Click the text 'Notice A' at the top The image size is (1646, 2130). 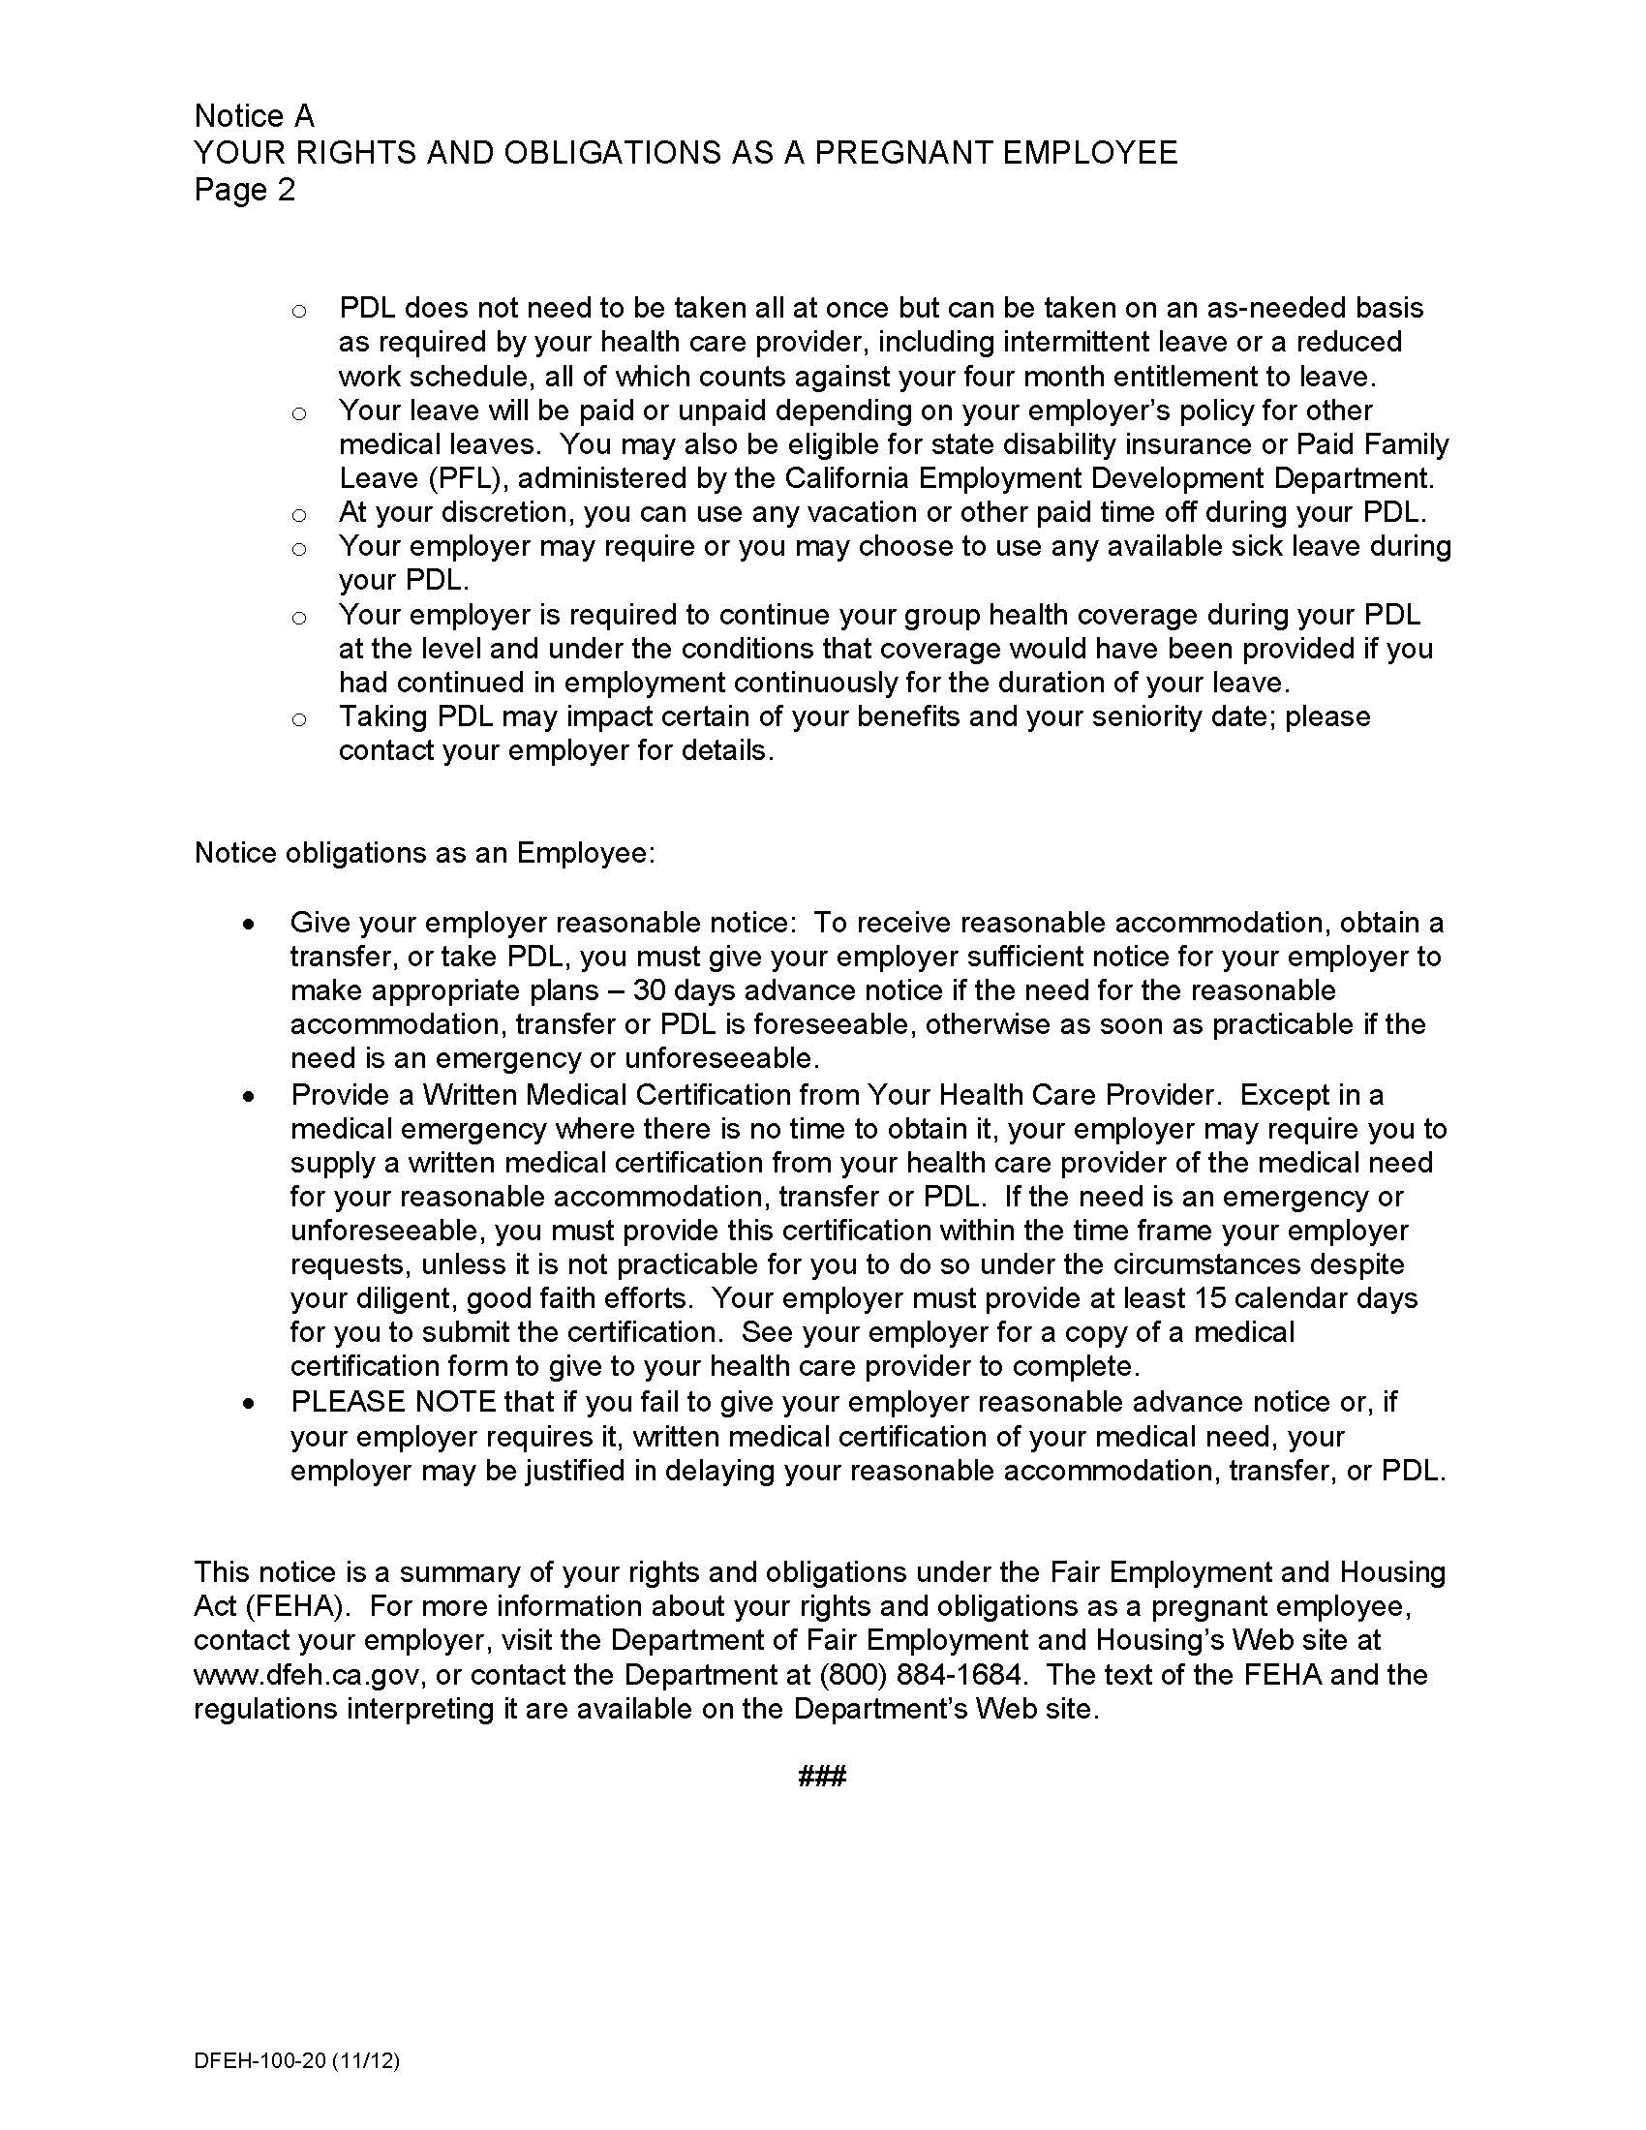point(254,116)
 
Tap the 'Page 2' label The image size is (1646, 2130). point(244,189)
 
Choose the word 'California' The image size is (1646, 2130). point(846,479)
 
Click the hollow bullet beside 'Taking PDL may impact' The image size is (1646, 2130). point(299,720)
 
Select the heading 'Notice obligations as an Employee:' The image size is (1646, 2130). point(424,853)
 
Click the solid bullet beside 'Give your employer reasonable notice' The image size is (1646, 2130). point(251,924)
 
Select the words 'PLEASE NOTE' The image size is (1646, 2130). point(393,1403)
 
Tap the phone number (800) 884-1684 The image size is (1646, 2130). point(923,1676)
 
